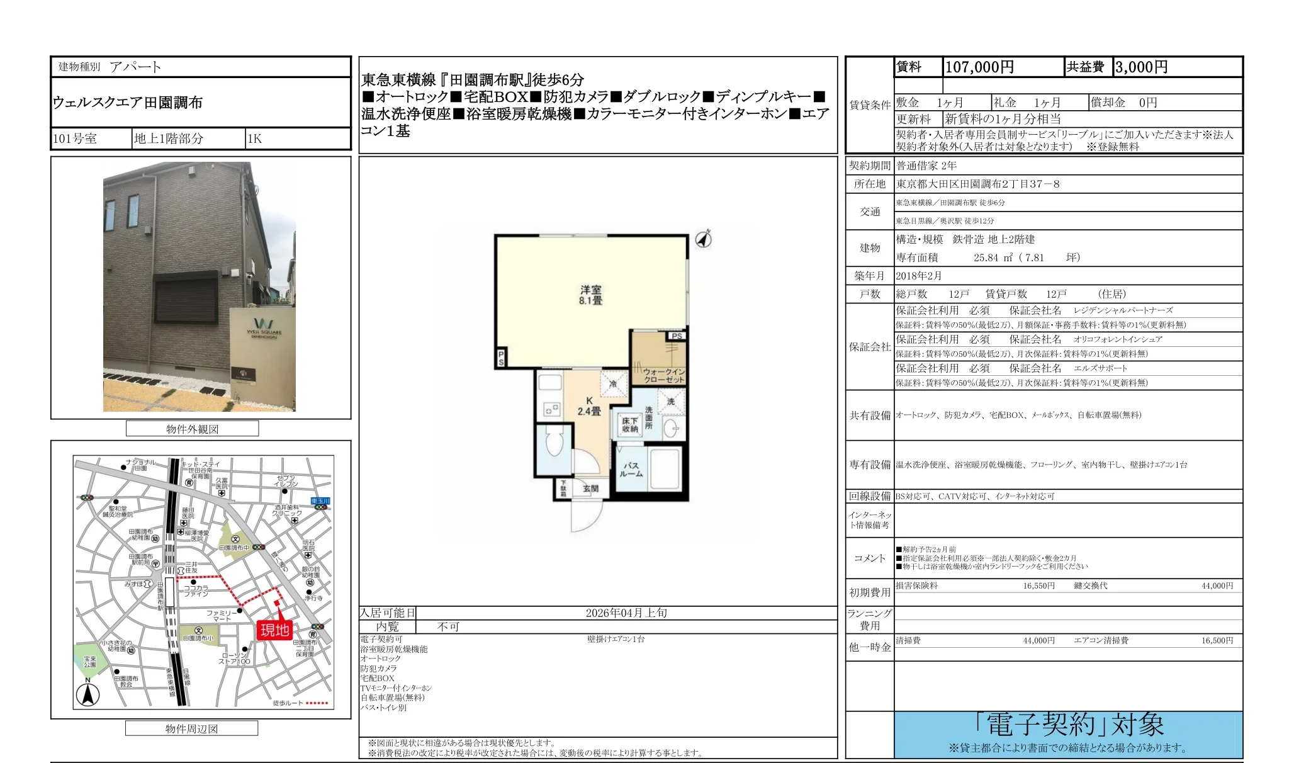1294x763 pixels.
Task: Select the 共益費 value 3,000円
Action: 1140,67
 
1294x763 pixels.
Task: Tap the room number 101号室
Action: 75,139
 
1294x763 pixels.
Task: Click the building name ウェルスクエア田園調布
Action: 128,103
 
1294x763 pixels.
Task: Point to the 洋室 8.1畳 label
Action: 590,295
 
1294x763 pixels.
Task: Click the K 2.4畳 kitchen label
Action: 589,406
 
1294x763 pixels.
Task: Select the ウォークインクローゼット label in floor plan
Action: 663,376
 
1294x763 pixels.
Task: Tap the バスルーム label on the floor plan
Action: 631,470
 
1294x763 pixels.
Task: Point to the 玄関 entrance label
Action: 590,489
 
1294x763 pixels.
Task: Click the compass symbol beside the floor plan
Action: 704,239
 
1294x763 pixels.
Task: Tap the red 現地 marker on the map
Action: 275,630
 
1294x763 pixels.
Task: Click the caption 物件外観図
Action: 192,429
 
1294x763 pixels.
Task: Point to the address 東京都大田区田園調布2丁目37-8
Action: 977,184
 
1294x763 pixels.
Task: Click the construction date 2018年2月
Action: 919,276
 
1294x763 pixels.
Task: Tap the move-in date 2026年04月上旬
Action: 626,613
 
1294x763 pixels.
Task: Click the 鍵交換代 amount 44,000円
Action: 1217,586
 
